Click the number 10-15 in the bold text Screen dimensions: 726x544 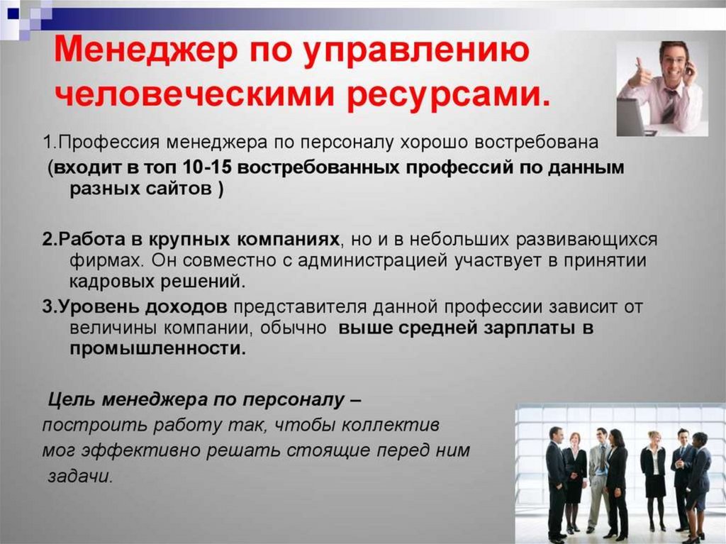(x=206, y=167)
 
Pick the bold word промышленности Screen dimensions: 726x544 (x=158, y=348)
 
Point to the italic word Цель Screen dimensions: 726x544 (x=72, y=399)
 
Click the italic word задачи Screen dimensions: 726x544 (x=80, y=476)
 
